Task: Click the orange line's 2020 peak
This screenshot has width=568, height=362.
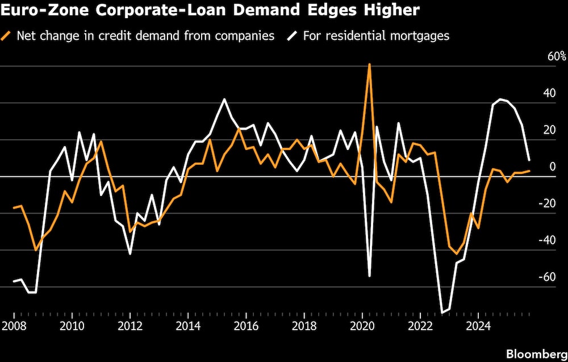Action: click(370, 64)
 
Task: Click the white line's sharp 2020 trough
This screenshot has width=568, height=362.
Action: click(370, 276)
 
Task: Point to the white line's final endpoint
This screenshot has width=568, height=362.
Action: click(529, 160)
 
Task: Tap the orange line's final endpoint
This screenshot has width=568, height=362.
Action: click(529, 170)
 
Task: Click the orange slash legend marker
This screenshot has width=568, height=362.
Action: click(7, 36)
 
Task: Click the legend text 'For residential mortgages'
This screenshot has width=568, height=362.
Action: click(376, 36)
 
